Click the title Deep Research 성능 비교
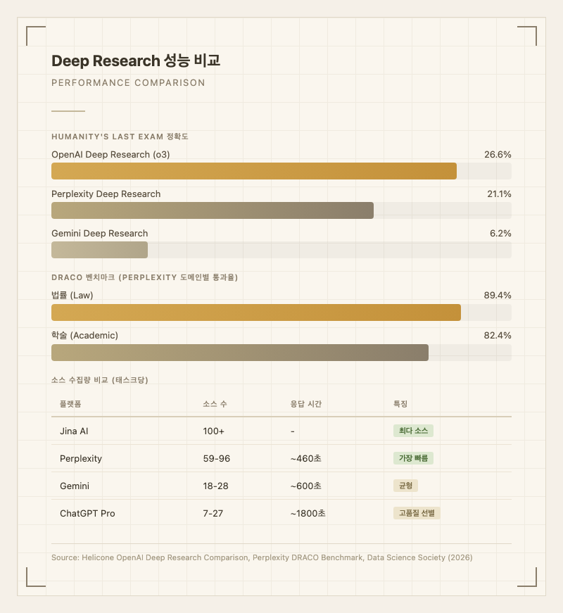pyautogui.click(x=136, y=61)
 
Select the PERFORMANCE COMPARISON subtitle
pyautogui.click(x=128, y=83)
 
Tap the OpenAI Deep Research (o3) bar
pyautogui.click(x=254, y=171)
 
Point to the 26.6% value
pyautogui.click(x=498, y=154)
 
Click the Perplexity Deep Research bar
pyautogui.click(x=213, y=210)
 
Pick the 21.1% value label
pyautogui.click(x=498, y=194)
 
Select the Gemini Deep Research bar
pyautogui.click(x=99, y=250)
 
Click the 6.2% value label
pyautogui.click(x=500, y=233)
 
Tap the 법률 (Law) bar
pyautogui.click(x=256, y=312)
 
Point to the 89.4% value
pyautogui.click(x=498, y=295)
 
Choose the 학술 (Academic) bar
pyautogui.click(x=240, y=353)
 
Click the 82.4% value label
pyautogui.click(x=498, y=335)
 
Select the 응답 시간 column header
pyautogui.click(x=306, y=404)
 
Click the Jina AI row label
pyautogui.click(x=74, y=431)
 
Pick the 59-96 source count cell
pyautogui.click(x=216, y=458)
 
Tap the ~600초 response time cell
pyautogui.click(x=306, y=486)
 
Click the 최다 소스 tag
pyautogui.click(x=413, y=431)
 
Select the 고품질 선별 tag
pyautogui.click(x=417, y=513)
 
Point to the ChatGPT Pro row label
pyautogui.click(x=87, y=513)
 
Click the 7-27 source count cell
pyautogui.click(x=213, y=513)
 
